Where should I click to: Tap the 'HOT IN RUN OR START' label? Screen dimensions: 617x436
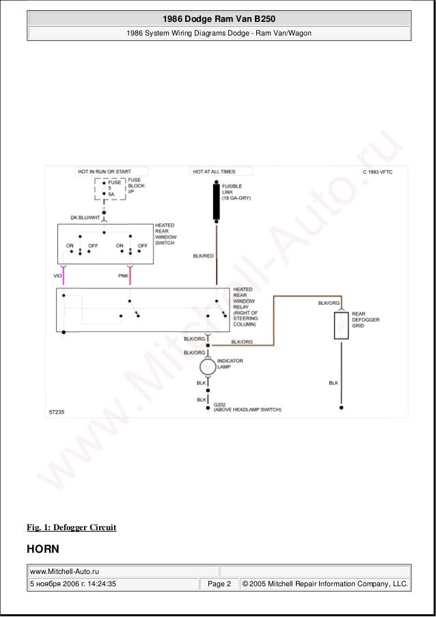104,172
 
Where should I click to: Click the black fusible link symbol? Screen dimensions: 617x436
217,201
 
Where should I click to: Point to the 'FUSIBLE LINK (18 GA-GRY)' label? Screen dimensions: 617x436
237,191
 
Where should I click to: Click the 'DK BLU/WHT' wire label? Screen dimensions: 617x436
85,217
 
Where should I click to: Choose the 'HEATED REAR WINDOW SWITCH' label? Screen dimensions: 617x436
165,234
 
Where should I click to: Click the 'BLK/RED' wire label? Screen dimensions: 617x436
202,256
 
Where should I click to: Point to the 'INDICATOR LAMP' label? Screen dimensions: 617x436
230,363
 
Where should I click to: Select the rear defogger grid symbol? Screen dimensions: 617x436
340,325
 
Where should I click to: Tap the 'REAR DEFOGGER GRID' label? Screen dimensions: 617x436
366,319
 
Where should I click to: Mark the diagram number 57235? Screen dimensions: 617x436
57,413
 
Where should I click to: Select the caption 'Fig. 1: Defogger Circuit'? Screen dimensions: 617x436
71,527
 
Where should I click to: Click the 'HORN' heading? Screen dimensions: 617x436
42,549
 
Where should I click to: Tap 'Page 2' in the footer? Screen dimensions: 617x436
219,584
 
